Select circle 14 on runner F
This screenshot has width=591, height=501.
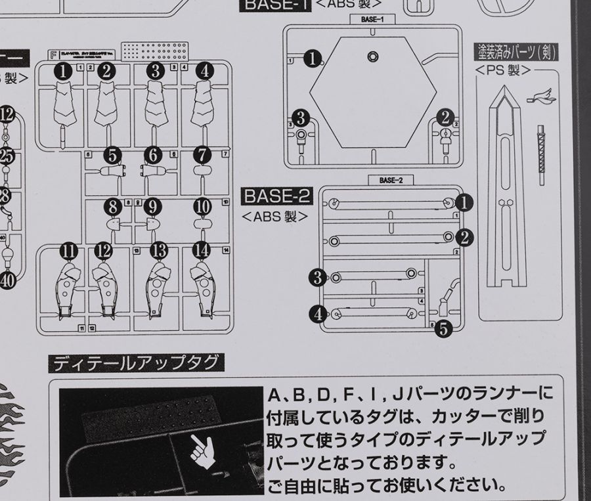[x=202, y=250]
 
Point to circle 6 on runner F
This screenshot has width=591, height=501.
[x=153, y=156]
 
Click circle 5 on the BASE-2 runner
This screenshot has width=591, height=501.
[x=444, y=328]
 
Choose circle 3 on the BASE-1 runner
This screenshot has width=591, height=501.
[x=300, y=118]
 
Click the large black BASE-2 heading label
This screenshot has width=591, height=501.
[x=276, y=196]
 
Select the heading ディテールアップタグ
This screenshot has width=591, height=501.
[x=138, y=362]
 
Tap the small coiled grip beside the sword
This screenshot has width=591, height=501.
[x=542, y=148]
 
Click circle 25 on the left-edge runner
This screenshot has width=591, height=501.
[x=7, y=156]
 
